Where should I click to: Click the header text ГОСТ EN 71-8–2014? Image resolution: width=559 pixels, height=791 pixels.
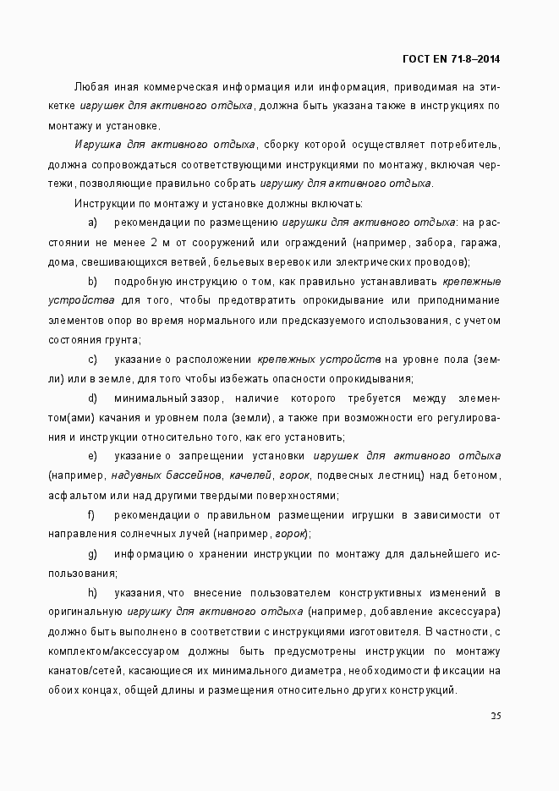[x=452, y=58]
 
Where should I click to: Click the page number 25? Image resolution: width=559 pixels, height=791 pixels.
[x=496, y=717]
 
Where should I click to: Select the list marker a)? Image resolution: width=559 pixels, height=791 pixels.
[x=92, y=222]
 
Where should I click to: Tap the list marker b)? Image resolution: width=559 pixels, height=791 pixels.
[x=92, y=281]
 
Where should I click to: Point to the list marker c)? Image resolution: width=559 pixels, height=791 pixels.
[x=92, y=359]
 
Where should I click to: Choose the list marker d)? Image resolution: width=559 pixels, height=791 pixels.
[x=92, y=398]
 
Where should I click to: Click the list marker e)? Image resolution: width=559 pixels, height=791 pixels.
[x=92, y=456]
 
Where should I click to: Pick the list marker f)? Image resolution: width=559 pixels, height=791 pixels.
[x=91, y=514]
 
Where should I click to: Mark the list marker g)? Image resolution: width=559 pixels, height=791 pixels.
[x=92, y=553]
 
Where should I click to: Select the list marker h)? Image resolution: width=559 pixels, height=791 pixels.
[x=92, y=592]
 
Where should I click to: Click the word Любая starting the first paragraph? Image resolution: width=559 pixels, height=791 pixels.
[x=90, y=86]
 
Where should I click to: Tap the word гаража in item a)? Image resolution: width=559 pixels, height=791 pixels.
[x=480, y=242]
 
